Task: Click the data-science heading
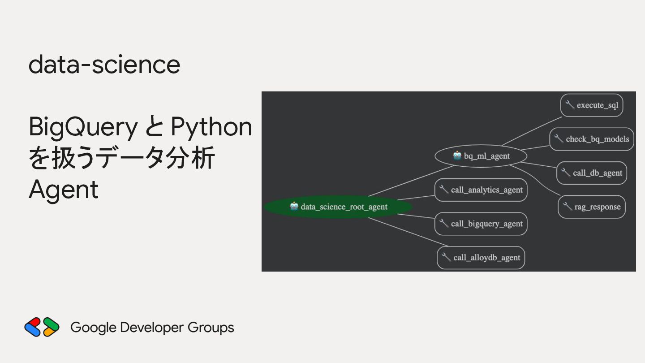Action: click(x=104, y=65)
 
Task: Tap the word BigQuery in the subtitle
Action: click(x=83, y=127)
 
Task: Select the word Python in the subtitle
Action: click(x=211, y=127)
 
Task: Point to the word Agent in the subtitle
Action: click(x=63, y=190)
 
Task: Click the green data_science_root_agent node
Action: click(x=338, y=207)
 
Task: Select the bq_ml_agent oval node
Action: click(x=481, y=156)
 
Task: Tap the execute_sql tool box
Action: click(x=592, y=105)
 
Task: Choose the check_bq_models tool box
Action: click(x=592, y=139)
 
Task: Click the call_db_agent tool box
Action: click(x=592, y=173)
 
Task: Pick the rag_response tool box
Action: click(x=592, y=207)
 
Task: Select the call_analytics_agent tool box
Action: click(x=481, y=190)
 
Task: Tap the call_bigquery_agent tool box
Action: click(x=481, y=224)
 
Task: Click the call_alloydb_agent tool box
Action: click(x=481, y=258)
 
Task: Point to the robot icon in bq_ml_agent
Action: click(x=457, y=156)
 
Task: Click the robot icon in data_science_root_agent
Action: click(x=294, y=206)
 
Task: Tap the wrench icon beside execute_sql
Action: click(x=570, y=105)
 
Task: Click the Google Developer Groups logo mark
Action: click(x=42, y=327)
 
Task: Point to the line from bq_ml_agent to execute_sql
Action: click(x=532, y=131)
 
